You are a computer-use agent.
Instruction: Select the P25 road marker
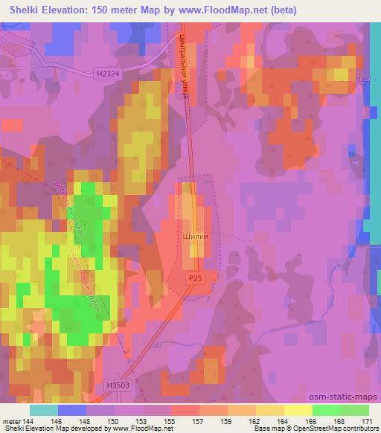[x=193, y=277]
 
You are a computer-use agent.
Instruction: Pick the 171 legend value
[x=368, y=422]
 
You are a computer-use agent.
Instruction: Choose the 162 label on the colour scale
[x=255, y=422]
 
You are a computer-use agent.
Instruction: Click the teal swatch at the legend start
[x=43, y=410]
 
